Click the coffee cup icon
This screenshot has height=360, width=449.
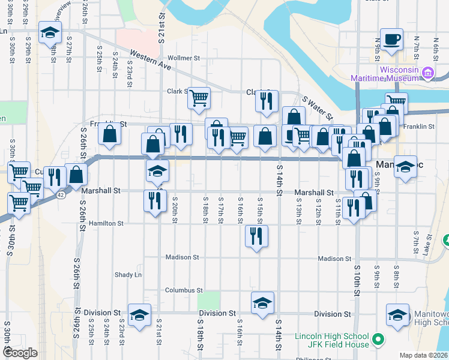coord(392,40)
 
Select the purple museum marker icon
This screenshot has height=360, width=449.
coord(428,74)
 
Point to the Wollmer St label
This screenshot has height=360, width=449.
coord(184,58)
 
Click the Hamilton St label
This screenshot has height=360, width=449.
coord(106,223)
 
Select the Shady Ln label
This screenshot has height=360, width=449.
coord(128,275)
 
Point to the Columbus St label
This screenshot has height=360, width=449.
coord(184,290)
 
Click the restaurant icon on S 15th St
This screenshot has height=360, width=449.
coord(257,236)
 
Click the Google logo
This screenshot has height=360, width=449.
coord(20,352)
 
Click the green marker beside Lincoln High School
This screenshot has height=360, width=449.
coord(378,340)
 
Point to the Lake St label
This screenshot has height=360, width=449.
coord(428,245)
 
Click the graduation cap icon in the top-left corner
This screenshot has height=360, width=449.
coord(50,32)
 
